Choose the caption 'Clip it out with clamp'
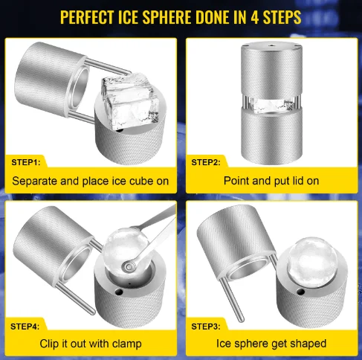click(90, 344)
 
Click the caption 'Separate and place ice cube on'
click(90, 180)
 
